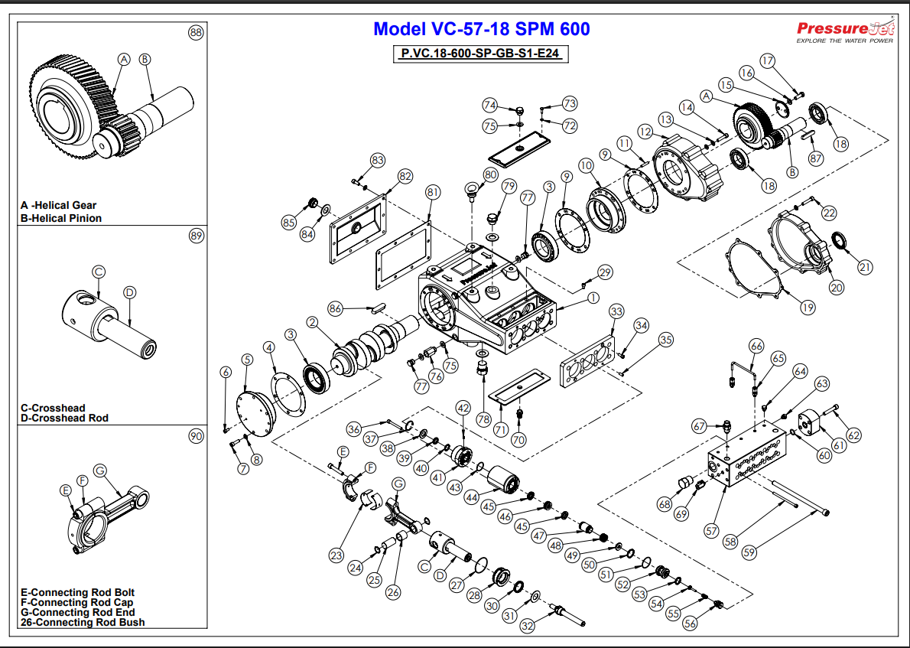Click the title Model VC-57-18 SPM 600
481,30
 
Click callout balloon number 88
197,32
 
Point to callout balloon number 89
197,236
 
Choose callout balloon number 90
197,436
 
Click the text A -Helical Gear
59,205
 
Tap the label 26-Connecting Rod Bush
83,622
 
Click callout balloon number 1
593,298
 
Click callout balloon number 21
865,267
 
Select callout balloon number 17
768,60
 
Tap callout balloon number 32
528,626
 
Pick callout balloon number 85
288,223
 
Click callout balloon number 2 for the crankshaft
312,323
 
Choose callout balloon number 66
756,346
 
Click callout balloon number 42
463,409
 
